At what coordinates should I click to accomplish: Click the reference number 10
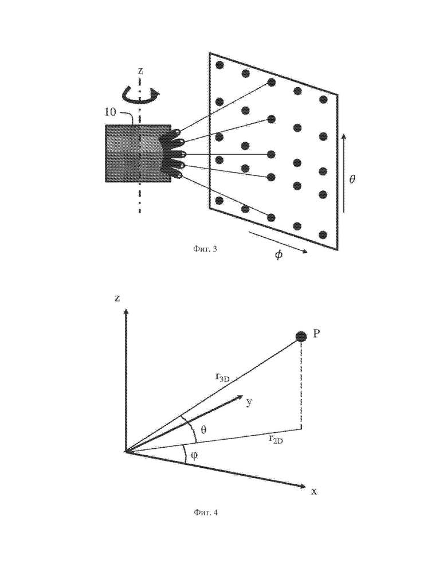(x=111, y=112)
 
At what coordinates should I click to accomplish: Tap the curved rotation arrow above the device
(x=139, y=95)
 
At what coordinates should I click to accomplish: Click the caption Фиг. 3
(x=205, y=249)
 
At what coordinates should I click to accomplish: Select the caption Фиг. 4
(x=206, y=512)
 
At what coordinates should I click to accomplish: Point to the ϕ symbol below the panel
(x=279, y=255)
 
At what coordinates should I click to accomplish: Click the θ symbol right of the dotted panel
(x=352, y=179)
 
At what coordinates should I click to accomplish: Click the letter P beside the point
(x=316, y=334)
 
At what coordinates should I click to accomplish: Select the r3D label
(x=223, y=377)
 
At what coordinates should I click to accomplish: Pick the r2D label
(x=276, y=440)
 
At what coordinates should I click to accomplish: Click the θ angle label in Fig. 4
(x=203, y=430)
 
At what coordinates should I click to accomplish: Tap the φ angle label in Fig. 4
(x=194, y=456)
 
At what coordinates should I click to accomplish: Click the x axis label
(x=314, y=492)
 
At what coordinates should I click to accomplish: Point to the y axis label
(x=250, y=402)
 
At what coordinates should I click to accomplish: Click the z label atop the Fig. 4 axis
(x=117, y=298)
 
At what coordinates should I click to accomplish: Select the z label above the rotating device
(x=140, y=71)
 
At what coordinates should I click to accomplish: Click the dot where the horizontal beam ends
(x=271, y=154)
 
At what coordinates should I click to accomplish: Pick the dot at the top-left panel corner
(x=219, y=65)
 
